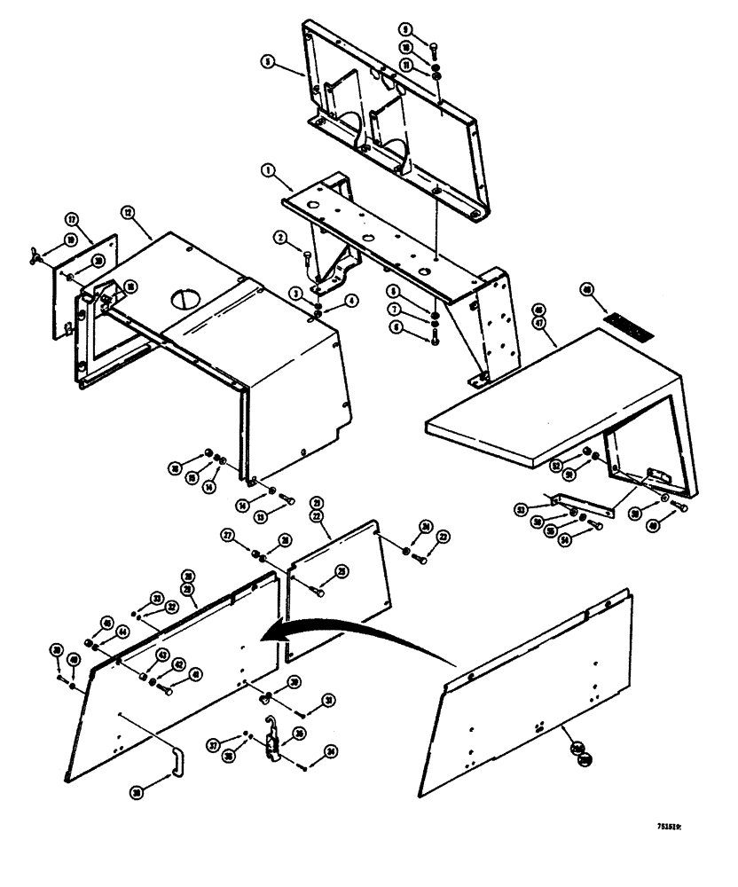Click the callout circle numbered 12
[x=128, y=213]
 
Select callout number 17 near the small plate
[x=70, y=216]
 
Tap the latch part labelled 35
[x=274, y=743]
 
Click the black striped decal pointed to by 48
[x=627, y=323]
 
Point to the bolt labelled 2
[x=307, y=258]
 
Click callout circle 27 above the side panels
[x=227, y=536]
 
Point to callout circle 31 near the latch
[x=329, y=701]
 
